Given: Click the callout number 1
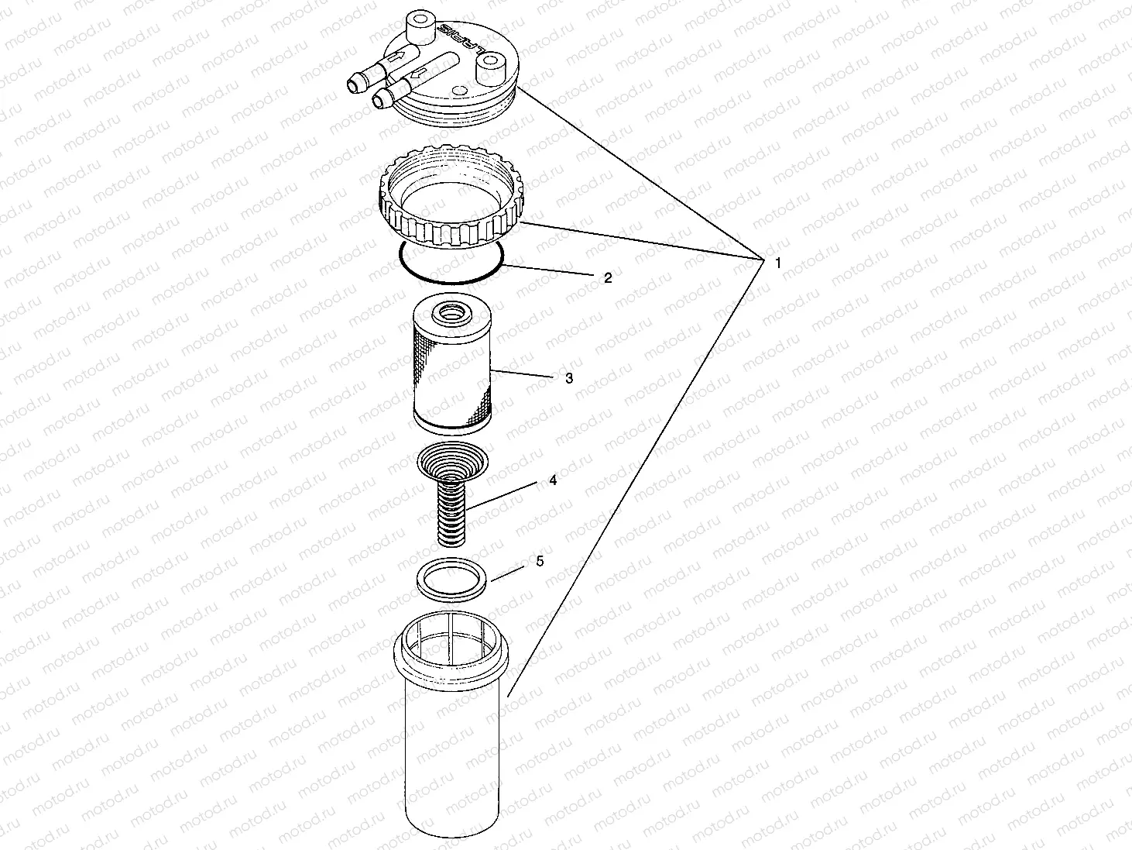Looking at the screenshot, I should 777,263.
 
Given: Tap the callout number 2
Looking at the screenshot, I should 608,277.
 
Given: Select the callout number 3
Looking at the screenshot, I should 569,378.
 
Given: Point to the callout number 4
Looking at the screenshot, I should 553,480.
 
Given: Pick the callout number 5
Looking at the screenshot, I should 540,560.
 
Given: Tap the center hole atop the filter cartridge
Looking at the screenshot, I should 450,314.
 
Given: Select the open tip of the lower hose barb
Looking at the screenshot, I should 379,99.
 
